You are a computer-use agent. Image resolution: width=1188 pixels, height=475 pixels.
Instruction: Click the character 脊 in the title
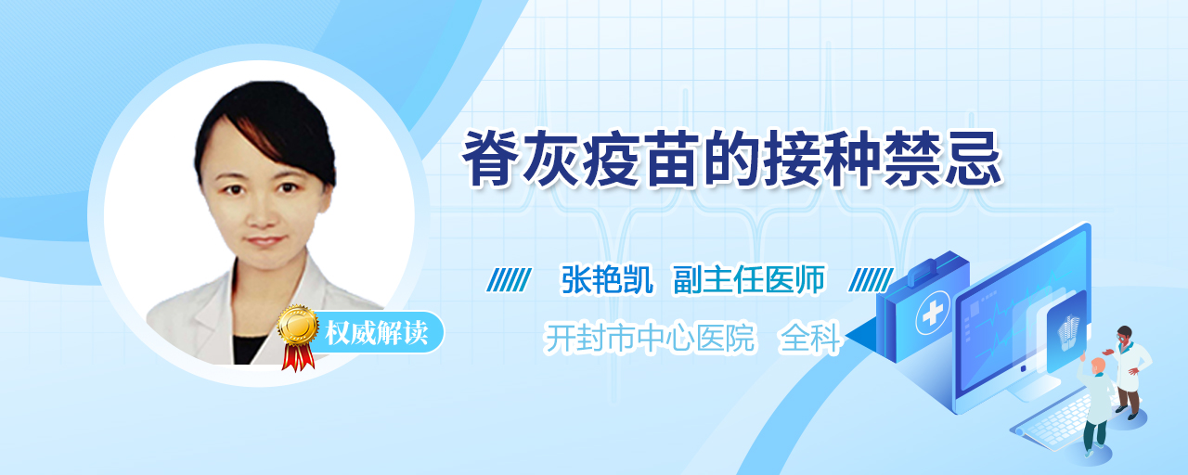coord(491,159)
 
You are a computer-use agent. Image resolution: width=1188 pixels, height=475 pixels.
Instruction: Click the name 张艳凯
coord(607,279)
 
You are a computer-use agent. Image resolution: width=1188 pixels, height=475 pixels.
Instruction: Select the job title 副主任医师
coord(749,279)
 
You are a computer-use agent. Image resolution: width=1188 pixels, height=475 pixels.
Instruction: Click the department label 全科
coord(810,337)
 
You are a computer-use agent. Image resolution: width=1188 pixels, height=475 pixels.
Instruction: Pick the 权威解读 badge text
coord(376,333)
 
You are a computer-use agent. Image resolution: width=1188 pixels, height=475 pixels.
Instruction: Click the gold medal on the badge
coord(298,325)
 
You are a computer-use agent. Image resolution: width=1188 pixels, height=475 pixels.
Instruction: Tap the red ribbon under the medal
coord(298,357)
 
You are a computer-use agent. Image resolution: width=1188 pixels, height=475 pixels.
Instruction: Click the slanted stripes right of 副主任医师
coord(871,279)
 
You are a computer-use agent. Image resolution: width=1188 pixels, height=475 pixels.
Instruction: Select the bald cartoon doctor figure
coord(1097,405)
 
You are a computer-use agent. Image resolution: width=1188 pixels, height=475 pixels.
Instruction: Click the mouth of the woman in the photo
coord(265,241)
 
